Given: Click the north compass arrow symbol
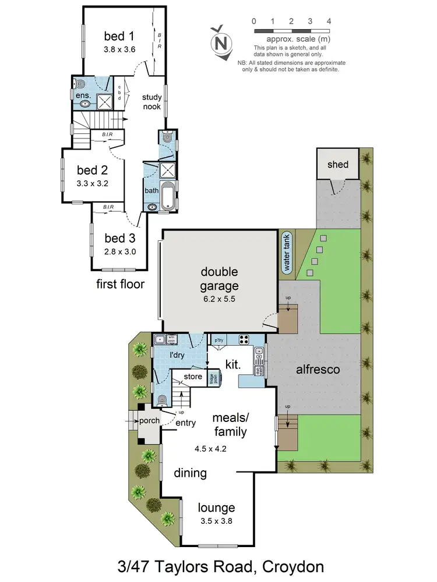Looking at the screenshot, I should tap(220, 41).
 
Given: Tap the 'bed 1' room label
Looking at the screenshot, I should tap(119, 34).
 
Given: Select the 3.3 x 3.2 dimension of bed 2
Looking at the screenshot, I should tap(93, 183).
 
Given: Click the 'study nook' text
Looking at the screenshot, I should tap(151, 102).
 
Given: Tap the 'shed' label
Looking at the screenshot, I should tap(337, 164).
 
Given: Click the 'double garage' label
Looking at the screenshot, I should tap(220, 279).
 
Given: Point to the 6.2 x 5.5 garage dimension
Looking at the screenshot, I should tap(220, 300).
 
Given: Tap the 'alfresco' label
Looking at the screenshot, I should tap(317, 369).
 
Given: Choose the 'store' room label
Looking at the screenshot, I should tap(193, 377).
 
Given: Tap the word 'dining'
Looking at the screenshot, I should tap(190, 473).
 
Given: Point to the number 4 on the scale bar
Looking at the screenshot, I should tap(329, 21).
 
